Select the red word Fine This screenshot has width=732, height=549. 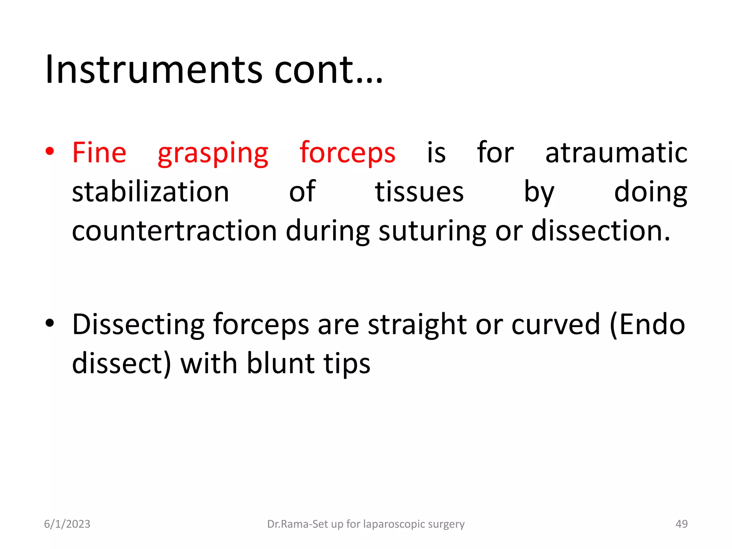(99, 153)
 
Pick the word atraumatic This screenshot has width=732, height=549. (616, 153)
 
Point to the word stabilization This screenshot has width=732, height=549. (150, 192)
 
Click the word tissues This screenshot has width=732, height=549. (419, 192)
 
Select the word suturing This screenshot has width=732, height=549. (432, 232)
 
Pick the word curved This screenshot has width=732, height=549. (555, 325)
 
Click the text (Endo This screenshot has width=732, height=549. (647, 325)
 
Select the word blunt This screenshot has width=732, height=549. (281, 363)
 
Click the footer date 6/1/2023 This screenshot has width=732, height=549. (67, 524)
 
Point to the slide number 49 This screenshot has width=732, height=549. (681, 524)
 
